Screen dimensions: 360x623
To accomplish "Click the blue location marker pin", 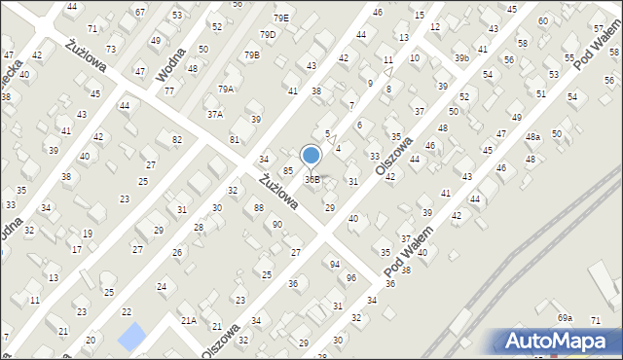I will coord(311,156).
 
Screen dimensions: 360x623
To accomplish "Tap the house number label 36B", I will coord(312,180).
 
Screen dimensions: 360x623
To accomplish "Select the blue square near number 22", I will coord(129,337).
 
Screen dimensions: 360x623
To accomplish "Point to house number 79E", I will coord(280,18).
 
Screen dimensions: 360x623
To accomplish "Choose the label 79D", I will coord(267,35).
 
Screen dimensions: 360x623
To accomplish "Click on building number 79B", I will coord(252,55).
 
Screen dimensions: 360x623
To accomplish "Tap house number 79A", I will coord(226,90).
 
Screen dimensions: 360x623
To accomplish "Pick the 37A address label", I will coord(214,114).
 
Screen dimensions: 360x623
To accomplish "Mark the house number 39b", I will coord(461,58).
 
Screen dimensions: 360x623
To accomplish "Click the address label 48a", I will coord(532,137).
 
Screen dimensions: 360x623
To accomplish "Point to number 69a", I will coord(566,318).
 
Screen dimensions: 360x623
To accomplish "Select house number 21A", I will coord(189,320).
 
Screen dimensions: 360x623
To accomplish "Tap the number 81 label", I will coord(235,140).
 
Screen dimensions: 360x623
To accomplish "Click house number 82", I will coord(176,140).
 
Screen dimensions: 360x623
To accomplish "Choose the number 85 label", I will coord(288,170).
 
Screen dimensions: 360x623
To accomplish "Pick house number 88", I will coord(258,207).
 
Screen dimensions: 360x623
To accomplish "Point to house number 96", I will coord(351,278).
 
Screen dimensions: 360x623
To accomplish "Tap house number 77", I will coord(169,90).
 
